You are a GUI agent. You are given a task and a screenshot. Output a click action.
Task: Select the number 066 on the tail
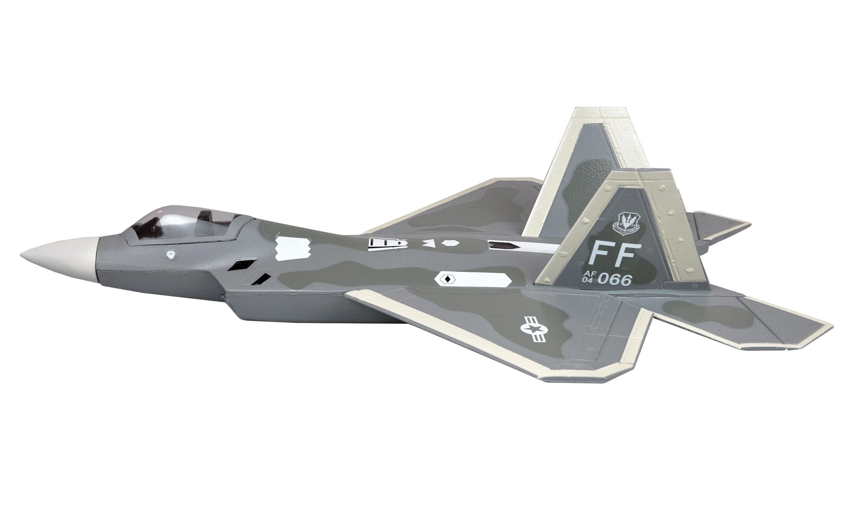[615, 280]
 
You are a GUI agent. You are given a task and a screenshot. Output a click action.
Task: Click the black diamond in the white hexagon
[447, 279]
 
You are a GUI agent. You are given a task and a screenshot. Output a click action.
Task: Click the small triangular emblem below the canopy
[171, 255]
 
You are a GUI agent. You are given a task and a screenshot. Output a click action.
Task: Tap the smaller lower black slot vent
[261, 279]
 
